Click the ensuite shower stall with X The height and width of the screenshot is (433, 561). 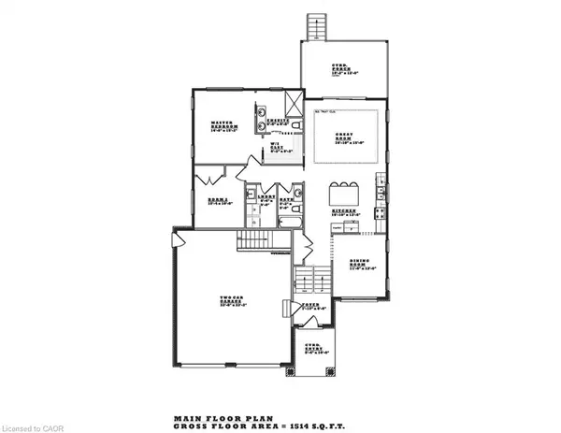(293, 101)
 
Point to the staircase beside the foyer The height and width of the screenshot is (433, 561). (312, 278)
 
